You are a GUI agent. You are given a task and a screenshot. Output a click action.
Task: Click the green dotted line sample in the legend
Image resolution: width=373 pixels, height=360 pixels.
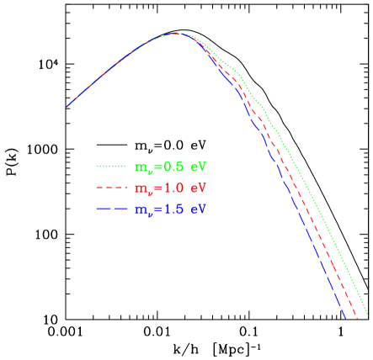pos(113,167)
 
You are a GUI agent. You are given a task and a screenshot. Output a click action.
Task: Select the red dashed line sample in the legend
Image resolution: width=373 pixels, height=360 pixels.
pos(113,187)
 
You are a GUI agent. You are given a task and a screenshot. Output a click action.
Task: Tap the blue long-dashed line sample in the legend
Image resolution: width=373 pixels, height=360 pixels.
pos(113,208)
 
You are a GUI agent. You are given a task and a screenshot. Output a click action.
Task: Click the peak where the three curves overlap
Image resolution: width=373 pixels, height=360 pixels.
pos(178,34)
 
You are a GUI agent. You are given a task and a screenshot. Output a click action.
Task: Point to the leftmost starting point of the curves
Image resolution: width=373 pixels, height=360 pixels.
pos(67,107)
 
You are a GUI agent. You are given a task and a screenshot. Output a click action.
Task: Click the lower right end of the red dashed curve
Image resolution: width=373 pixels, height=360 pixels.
pos(359,319)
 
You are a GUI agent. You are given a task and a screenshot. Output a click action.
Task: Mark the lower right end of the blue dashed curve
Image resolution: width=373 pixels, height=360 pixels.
pos(347,319)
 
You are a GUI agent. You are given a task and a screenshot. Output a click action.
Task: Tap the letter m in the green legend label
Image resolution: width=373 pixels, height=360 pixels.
pos(140,167)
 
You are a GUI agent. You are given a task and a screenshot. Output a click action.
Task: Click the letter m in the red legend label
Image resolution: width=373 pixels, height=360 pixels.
pos(140,188)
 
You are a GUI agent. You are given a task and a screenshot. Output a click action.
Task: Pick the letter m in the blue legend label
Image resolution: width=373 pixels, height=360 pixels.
pos(140,209)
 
